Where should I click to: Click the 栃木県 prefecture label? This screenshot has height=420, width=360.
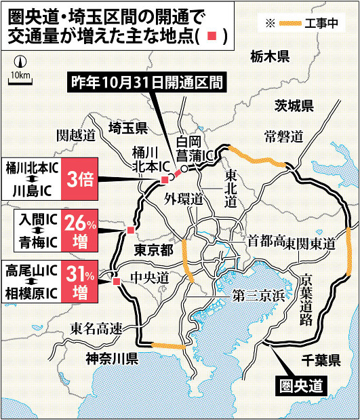272,56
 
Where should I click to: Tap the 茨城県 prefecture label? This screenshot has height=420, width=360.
294,105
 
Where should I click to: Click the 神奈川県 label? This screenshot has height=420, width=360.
113,358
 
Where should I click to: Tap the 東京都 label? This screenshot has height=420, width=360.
154,249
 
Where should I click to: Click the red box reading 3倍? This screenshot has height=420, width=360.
80,178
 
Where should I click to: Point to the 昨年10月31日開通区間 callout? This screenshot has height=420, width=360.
148,84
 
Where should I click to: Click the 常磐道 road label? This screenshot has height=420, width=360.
283,137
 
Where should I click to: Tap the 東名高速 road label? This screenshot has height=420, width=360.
96,329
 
